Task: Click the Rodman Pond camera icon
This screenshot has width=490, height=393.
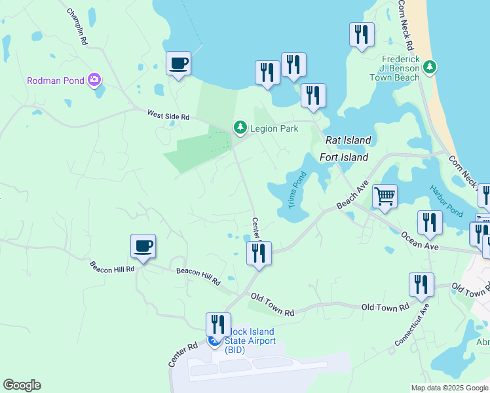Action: pyautogui.click(x=95, y=80)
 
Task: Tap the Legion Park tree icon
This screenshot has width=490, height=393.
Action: pyautogui.click(x=240, y=128)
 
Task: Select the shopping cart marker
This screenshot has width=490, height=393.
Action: pyautogui.click(x=385, y=196)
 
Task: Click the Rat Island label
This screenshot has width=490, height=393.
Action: pyautogui.click(x=349, y=140)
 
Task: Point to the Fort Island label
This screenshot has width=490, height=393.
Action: pyautogui.click(x=344, y=157)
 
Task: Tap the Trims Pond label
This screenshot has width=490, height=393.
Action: pyautogui.click(x=297, y=189)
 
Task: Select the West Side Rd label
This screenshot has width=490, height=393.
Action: pyautogui.click(x=168, y=117)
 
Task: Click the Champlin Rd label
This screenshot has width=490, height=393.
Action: pyautogui.click(x=77, y=26)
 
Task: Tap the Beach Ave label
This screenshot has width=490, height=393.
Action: pyautogui.click(x=349, y=197)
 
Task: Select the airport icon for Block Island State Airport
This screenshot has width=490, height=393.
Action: pyautogui.click(x=214, y=341)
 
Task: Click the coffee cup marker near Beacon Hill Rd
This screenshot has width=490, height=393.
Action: pyautogui.click(x=143, y=246)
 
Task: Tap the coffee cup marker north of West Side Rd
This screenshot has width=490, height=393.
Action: pyautogui.click(x=178, y=64)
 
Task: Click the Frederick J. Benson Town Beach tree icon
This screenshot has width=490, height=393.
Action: pyautogui.click(x=430, y=66)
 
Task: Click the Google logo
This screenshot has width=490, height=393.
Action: pyautogui.click(x=22, y=385)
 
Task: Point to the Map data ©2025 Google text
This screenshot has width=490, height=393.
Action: pyautogui.click(x=449, y=388)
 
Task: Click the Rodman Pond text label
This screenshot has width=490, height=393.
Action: pyautogui.click(x=55, y=81)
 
